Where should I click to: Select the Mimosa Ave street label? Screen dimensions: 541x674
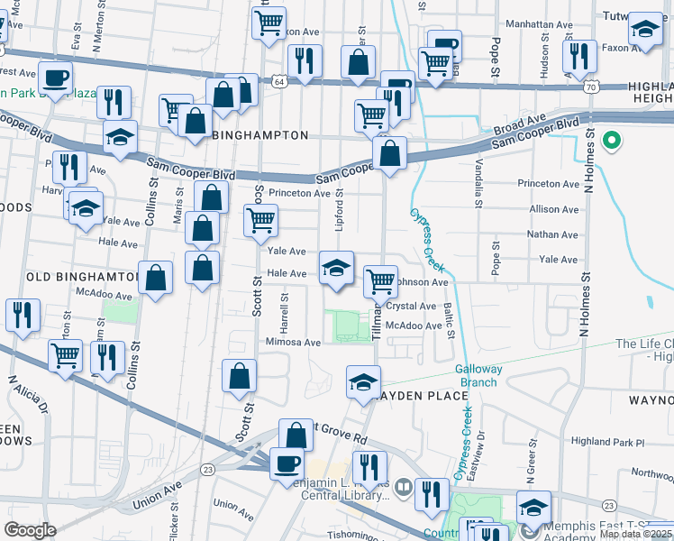294,343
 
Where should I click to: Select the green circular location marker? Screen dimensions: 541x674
612,140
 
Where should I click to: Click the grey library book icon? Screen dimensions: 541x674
402,486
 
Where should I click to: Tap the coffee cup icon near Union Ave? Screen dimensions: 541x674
287,463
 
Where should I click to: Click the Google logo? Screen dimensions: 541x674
31,529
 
